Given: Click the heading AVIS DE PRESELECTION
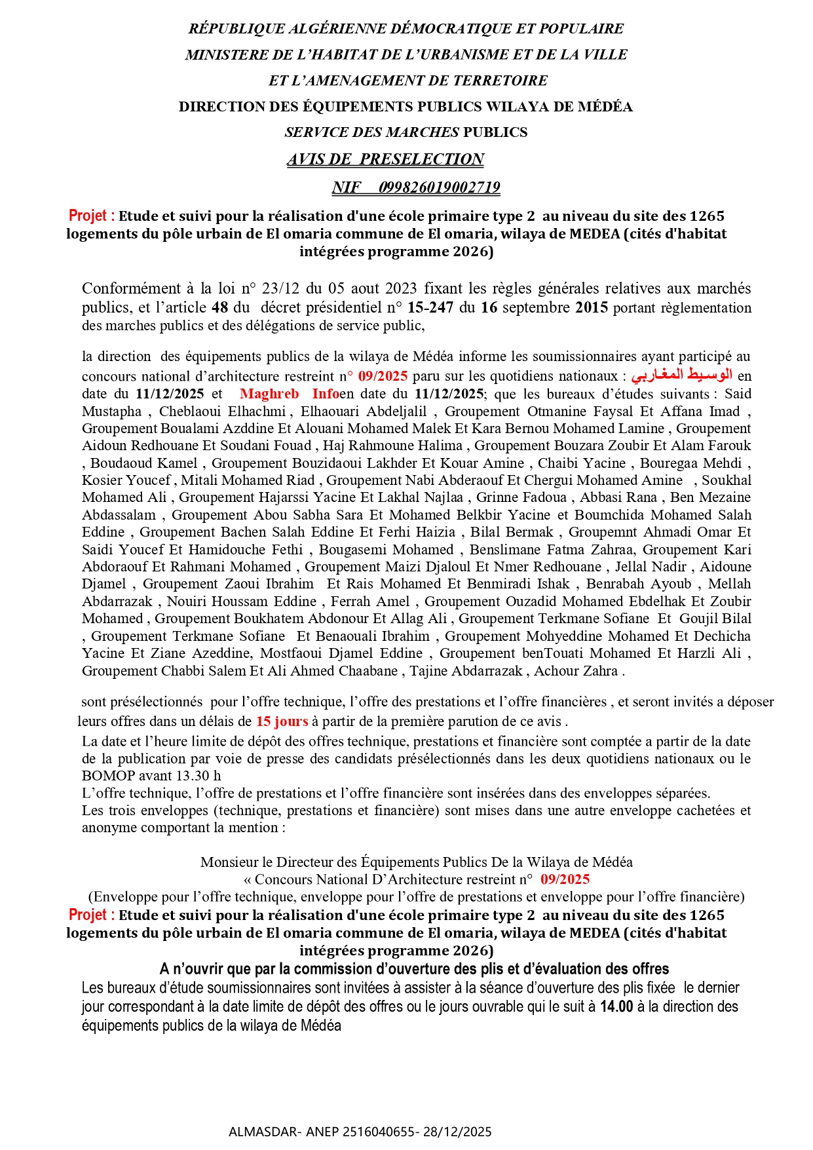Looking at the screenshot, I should (385, 159).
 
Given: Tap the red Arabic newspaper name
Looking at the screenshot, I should (681, 375).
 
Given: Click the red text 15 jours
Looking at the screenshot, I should (282, 721).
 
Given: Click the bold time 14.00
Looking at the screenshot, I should (616, 1006).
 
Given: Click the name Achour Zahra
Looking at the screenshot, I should (576, 671).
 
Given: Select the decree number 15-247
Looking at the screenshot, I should (430, 307).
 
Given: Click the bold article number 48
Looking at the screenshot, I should (219, 307).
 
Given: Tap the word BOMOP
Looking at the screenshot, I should (108, 776).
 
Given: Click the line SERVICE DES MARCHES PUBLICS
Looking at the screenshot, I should (406, 132).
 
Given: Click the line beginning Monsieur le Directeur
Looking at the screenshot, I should (416, 862).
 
